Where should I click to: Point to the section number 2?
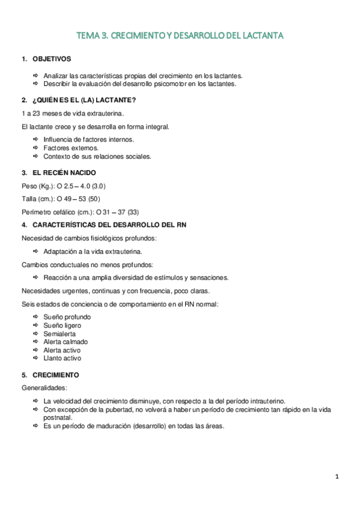[x=23, y=100]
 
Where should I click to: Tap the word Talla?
[x=29, y=198]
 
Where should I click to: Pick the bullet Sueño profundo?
[x=66, y=316]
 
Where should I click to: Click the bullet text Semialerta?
[x=59, y=333]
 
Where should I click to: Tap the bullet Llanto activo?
[x=62, y=358]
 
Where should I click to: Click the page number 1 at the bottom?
[x=337, y=477]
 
